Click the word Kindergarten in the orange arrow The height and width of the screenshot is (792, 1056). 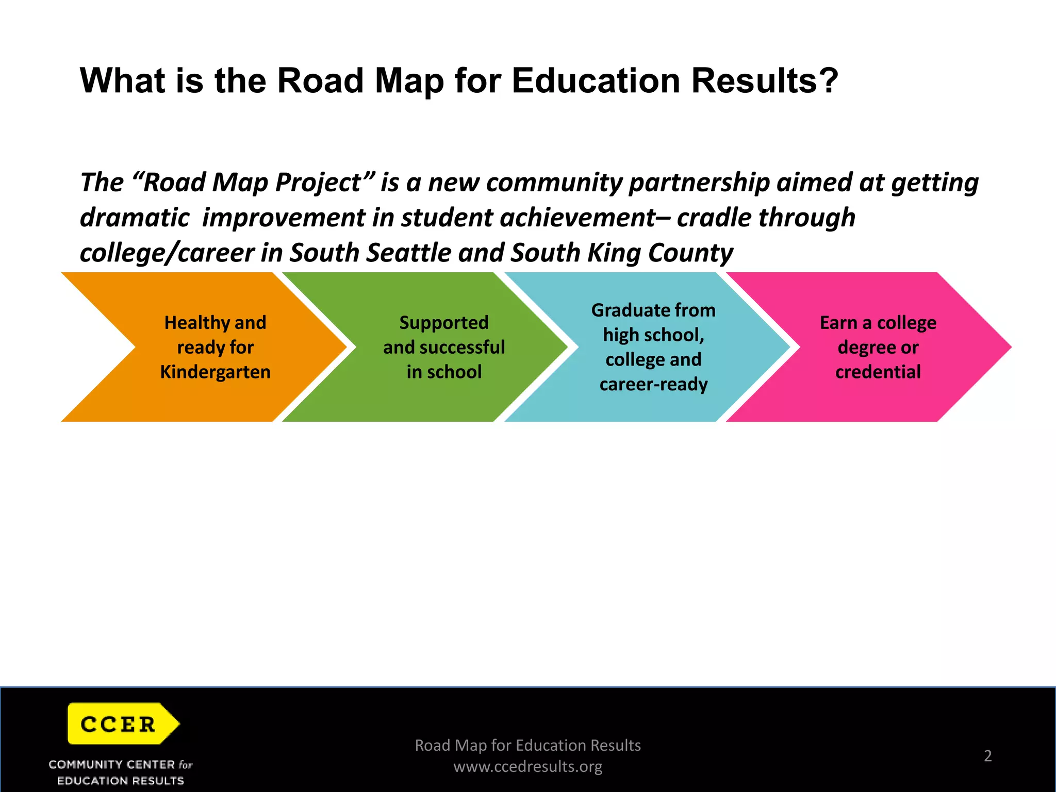(x=215, y=372)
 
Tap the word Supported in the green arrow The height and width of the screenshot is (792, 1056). (x=444, y=323)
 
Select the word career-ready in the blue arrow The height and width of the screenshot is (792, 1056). (x=653, y=384)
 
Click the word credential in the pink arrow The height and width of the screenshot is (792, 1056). (x=878, y=372)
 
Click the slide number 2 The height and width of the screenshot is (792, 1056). (x=987, y=755)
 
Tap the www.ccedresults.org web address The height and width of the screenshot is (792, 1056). (x=527, y=767)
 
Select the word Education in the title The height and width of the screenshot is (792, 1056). (x=596, y=81)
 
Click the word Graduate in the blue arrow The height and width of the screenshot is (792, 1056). (x=623, y=310)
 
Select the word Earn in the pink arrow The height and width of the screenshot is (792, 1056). (x=838, y=323)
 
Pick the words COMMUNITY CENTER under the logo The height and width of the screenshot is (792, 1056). (x=112, y=764)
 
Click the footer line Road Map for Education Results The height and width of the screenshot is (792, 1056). (x=527, y=745)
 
